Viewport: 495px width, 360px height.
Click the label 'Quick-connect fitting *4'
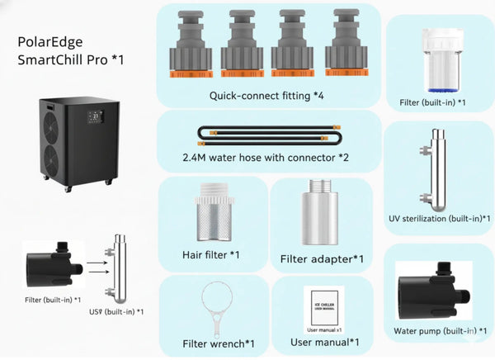pos(266,96)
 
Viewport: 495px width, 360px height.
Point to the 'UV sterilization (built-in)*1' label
pos(436,220)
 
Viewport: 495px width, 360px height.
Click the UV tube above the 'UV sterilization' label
pos(434,168)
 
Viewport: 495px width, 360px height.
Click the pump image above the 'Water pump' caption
pos(434,291)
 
